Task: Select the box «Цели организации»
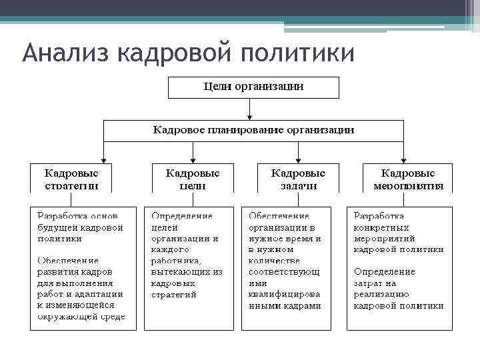click(253, 87)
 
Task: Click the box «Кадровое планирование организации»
click(253, 130)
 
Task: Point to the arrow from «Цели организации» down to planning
click(249, 108)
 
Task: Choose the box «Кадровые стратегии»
click(71, 179)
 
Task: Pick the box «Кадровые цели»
click(192, 179)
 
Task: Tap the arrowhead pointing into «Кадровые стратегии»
click(103, 159)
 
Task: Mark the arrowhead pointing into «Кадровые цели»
click(193, 159)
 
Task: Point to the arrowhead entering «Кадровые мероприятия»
click(402, 159)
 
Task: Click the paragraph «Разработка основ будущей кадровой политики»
click(80, 227)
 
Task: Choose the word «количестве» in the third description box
click(275, 261)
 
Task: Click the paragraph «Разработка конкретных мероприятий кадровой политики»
click(398, 233)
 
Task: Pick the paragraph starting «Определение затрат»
click(398, 289)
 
